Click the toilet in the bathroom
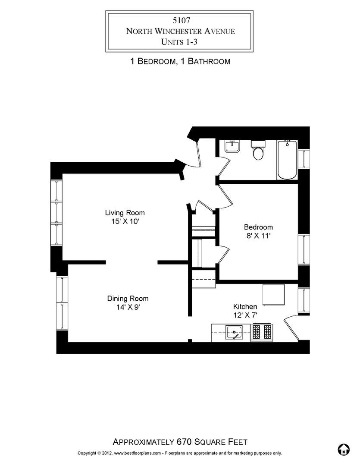[x=258, y=152]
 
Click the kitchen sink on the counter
[x=234, y=333]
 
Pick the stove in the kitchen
[x=262, y=332]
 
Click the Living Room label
[x=125, y=213]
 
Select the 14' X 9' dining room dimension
[x=128, y=307]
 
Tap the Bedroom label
[x=258, y=227]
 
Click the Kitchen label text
[x=245, y=306]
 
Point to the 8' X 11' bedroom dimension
[x=258, y=236]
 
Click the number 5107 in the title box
[x=180, y=20]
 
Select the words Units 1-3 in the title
[x=180, y=41]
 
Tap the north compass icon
[x=343, y=450]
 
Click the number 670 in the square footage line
[x=184, y=442]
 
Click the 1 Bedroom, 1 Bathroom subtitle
[x=180, y=61]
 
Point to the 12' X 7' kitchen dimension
[x=245, y=315]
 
